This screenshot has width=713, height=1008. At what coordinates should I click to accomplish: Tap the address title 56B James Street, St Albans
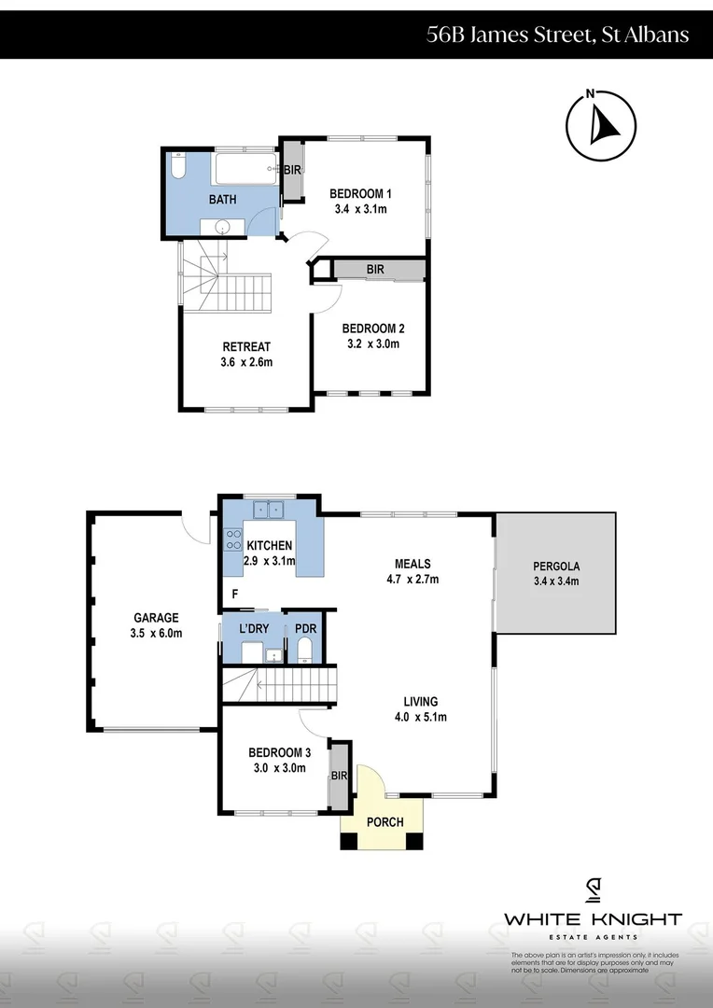[557, 35]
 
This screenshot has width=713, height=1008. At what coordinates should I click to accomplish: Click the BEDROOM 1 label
[360, 193]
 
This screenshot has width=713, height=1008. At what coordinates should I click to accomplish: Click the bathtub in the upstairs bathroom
[245, 169]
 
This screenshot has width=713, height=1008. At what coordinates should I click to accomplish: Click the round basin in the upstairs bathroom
[223, 227]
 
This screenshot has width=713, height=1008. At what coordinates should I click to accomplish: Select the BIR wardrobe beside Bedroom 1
[292, 171]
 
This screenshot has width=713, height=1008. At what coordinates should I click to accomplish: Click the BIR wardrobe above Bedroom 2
[375, 270]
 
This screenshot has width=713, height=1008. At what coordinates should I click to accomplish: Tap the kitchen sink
[270, 510]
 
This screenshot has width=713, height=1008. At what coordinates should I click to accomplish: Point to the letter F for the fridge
[235, 594]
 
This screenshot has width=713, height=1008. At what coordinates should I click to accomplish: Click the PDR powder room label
[305, 628]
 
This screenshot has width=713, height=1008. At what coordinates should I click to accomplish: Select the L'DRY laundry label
[254, 628]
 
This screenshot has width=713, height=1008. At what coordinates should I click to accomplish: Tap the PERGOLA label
[556, 566]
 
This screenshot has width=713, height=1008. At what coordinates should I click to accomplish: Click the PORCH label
[384, 822]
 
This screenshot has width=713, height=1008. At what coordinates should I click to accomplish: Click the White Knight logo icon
[593, 891]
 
